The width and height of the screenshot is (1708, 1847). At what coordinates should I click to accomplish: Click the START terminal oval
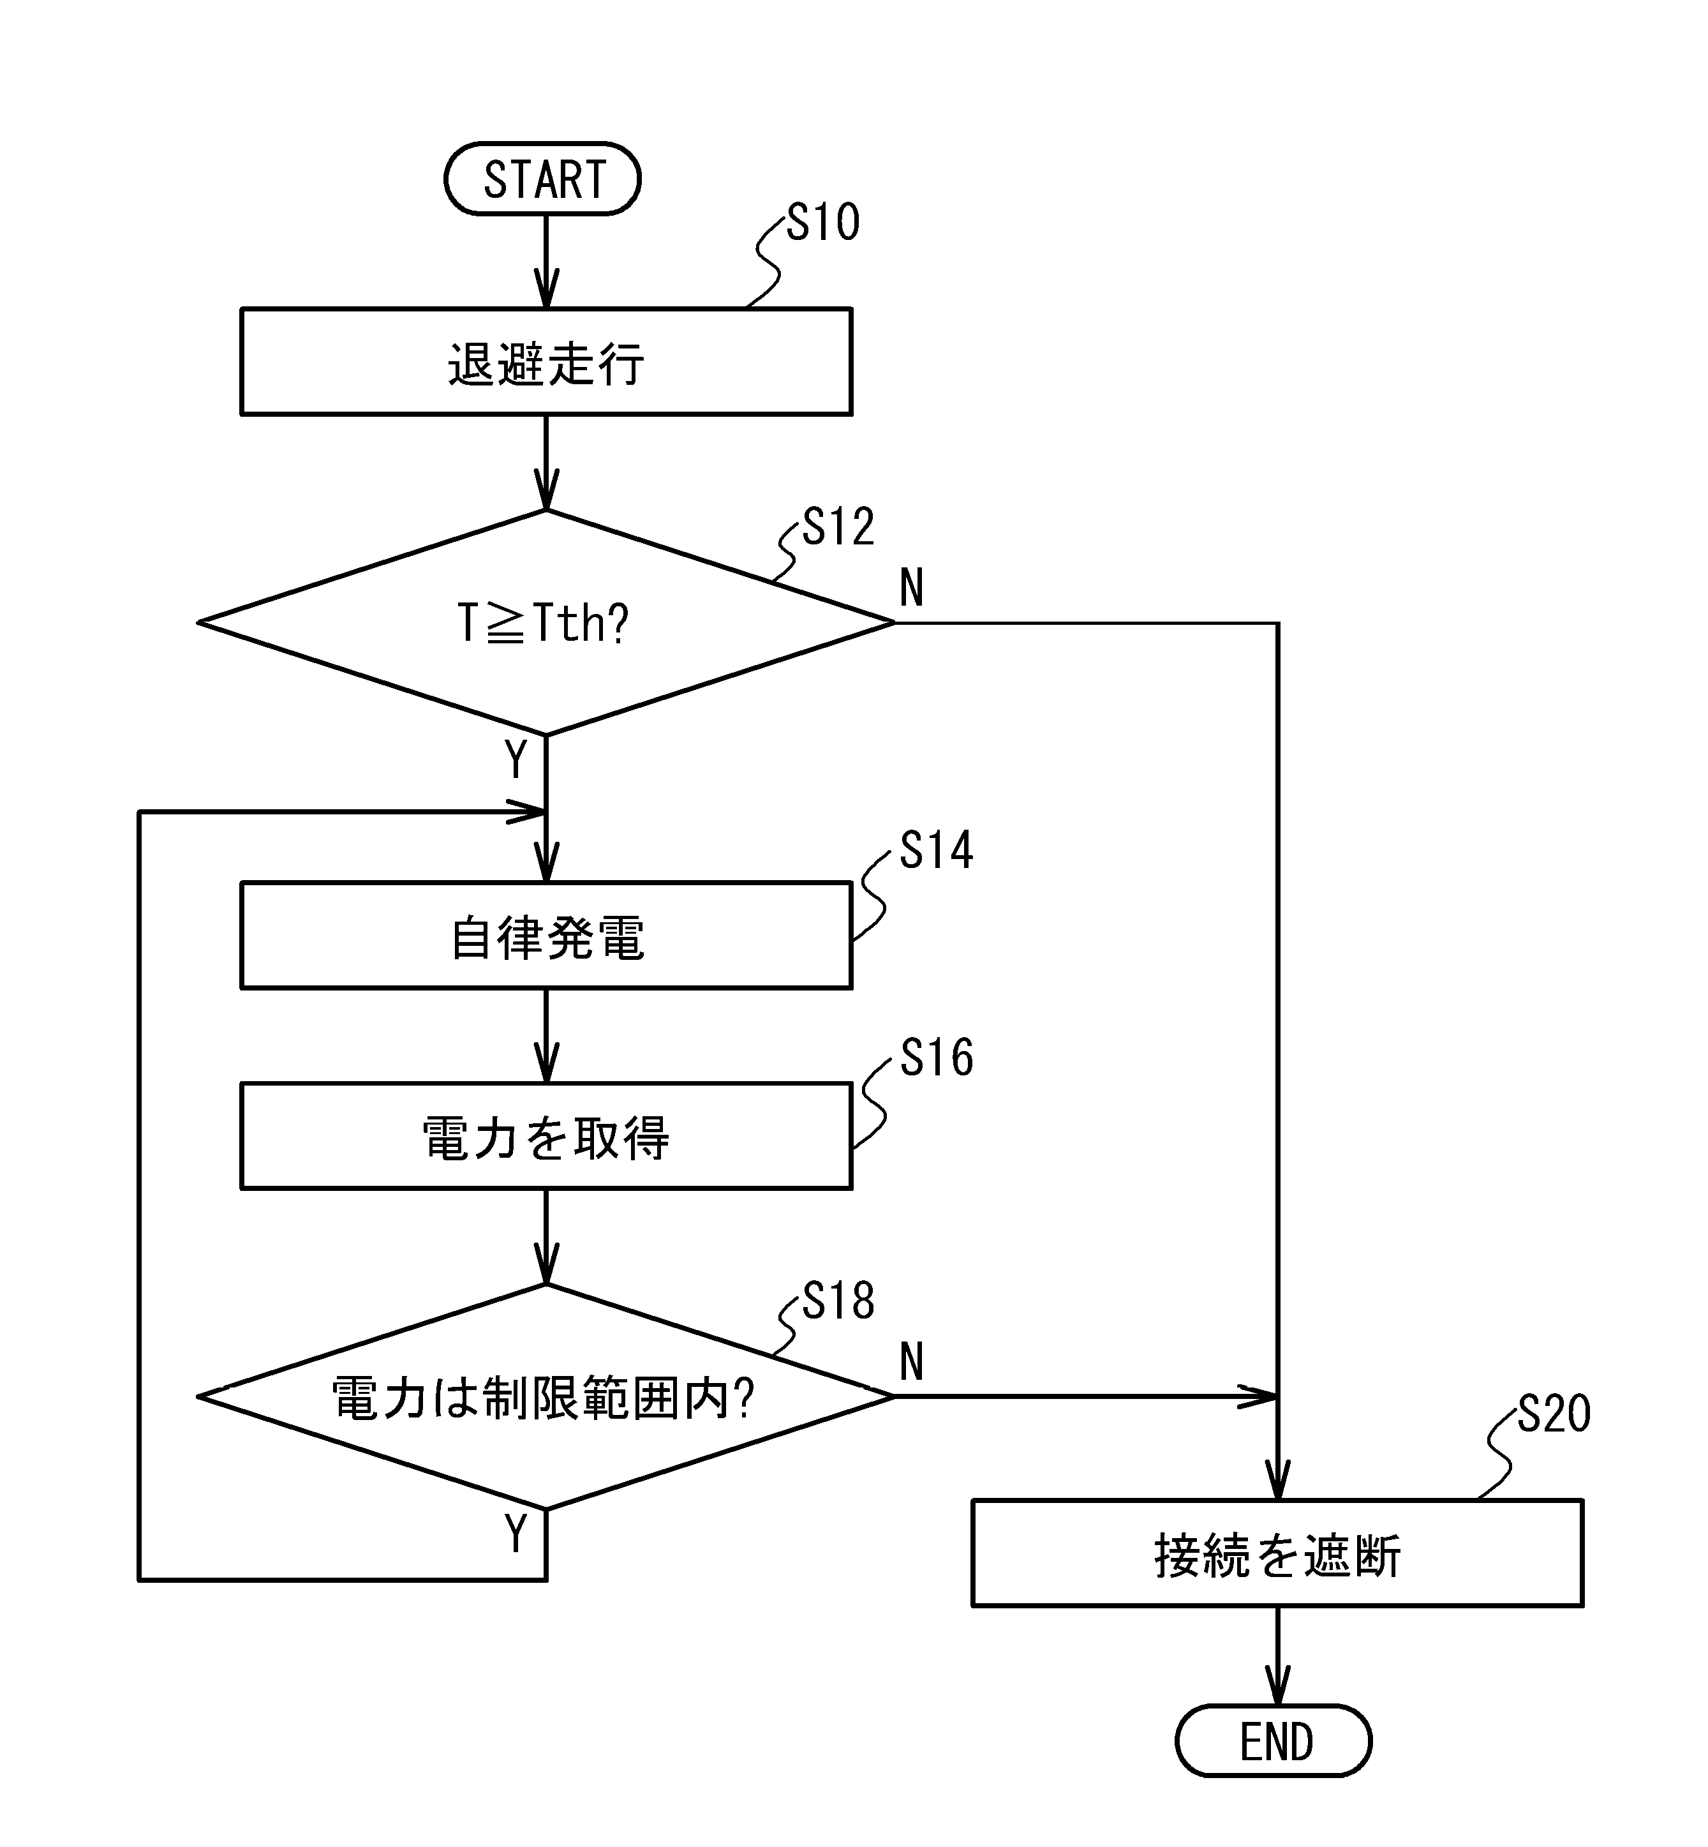pyautogui.click(x=542, y=179)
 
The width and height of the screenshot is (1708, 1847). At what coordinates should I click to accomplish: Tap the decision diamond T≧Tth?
pyautogui.click(x=546, y=622)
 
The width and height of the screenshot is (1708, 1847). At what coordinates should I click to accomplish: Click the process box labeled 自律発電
pyautogui.click(x=546, y=936)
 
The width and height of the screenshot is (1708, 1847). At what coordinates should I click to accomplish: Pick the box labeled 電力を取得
pyautogui.click(x=546, y=1136)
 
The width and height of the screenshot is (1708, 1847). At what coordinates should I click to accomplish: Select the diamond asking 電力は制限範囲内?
pyautogui.click(x=546, y=1397)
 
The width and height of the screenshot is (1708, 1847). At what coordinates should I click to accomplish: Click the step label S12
pyautogui.click(x=837, y=527)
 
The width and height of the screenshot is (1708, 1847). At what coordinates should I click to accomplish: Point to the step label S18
pyautogui.click(x=837, y=1301)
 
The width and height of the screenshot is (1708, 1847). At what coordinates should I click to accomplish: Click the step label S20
pyautogui.click(x=1554, y=1414)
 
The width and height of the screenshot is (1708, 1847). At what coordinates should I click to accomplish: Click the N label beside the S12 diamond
pyautogui.click(x=911, y=587)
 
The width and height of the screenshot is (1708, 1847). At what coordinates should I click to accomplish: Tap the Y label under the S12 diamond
pyautogui.click(x=516, y=761)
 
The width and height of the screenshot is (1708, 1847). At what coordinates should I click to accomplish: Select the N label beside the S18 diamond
pyautogui.click(x=911, y=1362)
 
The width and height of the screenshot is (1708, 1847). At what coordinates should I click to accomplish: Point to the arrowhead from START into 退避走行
pyautogui.click(x=546, y=291)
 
